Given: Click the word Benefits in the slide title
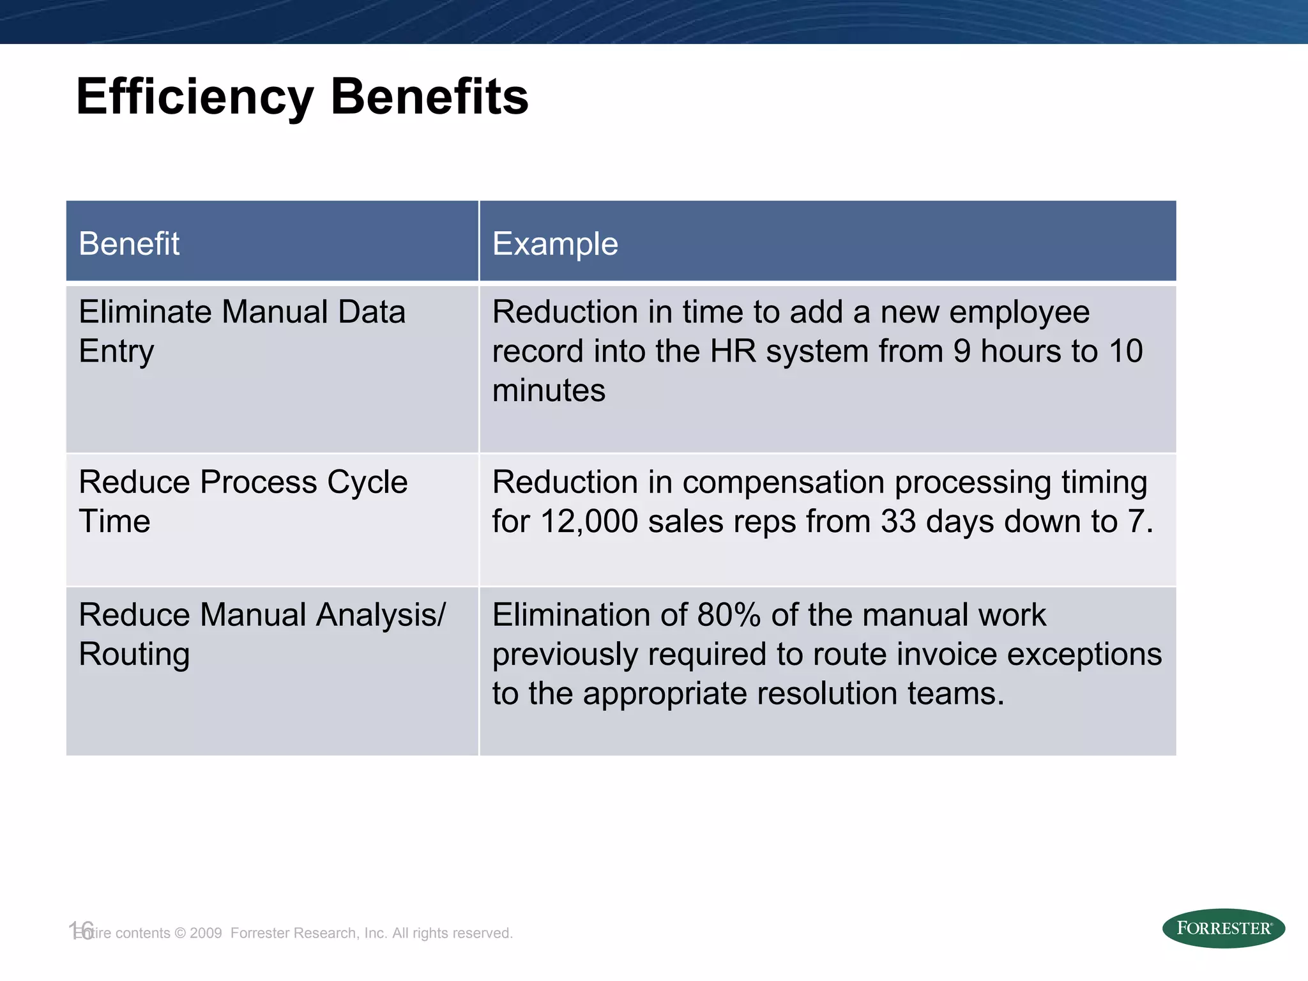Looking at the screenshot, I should tap(429, 97).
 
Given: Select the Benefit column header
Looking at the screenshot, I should tap(129, 244).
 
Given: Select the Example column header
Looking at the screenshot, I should tap(555, 244).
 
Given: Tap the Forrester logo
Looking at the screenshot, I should tap(1223, 928).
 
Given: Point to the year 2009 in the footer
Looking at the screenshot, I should tap(206, 933).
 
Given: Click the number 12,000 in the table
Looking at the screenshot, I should tap(589, 521).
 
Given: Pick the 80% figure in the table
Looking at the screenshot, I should tap(729, 615).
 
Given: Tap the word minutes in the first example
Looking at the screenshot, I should tap(549, 390).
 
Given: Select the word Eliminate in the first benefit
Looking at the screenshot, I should tap(145, 312).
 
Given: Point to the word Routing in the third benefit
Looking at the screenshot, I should tap(134, 655).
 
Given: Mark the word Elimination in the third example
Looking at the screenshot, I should tap(571, 615).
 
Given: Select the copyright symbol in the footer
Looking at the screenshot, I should tap(179, 933).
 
